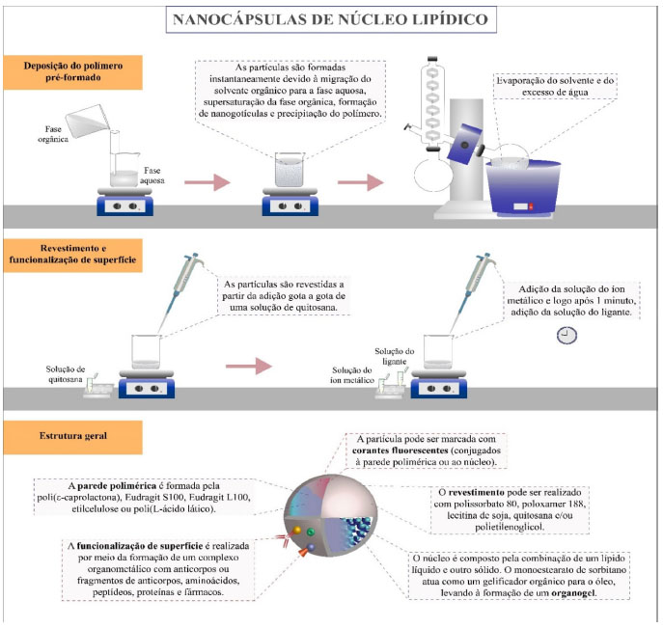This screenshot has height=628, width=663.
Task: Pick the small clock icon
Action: click(567, 335)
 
